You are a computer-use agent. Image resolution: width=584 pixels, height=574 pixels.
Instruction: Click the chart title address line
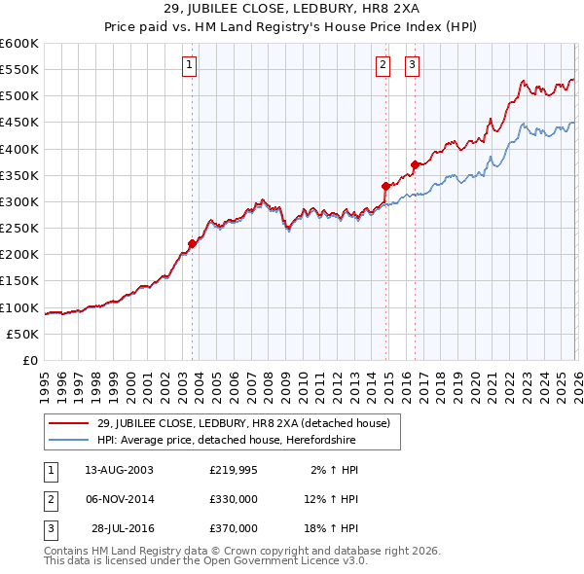(291, 9)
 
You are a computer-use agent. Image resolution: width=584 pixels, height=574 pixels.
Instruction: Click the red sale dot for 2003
(192, 244)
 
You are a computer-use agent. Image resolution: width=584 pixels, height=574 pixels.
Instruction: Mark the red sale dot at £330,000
(385, 186)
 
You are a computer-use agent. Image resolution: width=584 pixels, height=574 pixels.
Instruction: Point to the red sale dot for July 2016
(415, 164)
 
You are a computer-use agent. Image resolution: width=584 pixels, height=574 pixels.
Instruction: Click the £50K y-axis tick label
(23, 334)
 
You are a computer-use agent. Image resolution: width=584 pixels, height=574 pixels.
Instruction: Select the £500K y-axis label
(19, 95)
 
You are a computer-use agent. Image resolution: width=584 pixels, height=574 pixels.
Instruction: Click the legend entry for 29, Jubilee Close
(243, 422)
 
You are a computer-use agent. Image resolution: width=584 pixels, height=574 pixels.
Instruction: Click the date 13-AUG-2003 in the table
(119, 470)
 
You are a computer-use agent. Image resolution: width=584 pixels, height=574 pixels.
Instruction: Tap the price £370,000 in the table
(234, 528)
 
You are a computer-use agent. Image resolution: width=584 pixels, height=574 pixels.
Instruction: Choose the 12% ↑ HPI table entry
(331, 499)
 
